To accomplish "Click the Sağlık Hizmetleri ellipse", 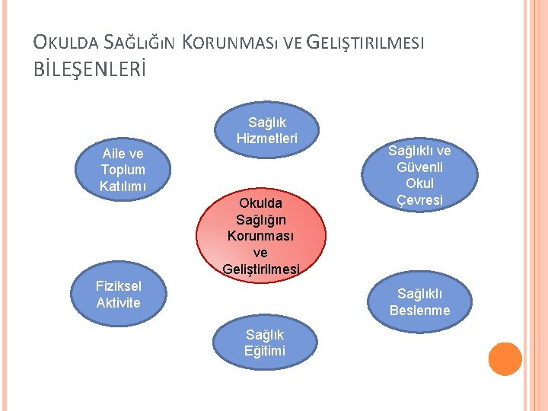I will click(267, 130).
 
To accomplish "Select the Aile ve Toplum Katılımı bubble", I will click(123, 170).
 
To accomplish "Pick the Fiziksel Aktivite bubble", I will click(118, 295).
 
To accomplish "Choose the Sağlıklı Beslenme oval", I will click(419, 302).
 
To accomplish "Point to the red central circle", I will click(261, 232).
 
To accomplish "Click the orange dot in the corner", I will click(505, 359).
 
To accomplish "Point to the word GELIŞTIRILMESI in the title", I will click(365, 43).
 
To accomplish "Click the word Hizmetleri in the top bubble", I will click(267, 138).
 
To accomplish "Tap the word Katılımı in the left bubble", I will click(123, 186).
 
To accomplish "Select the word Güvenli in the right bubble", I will click(420, 167).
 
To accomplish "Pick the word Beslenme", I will click(419, 310).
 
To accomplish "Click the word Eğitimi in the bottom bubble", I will click(265, 350).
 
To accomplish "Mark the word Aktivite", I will click(118, 302).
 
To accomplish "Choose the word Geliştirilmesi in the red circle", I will click(262, 268).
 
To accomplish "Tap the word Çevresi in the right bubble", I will click(420, 200).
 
